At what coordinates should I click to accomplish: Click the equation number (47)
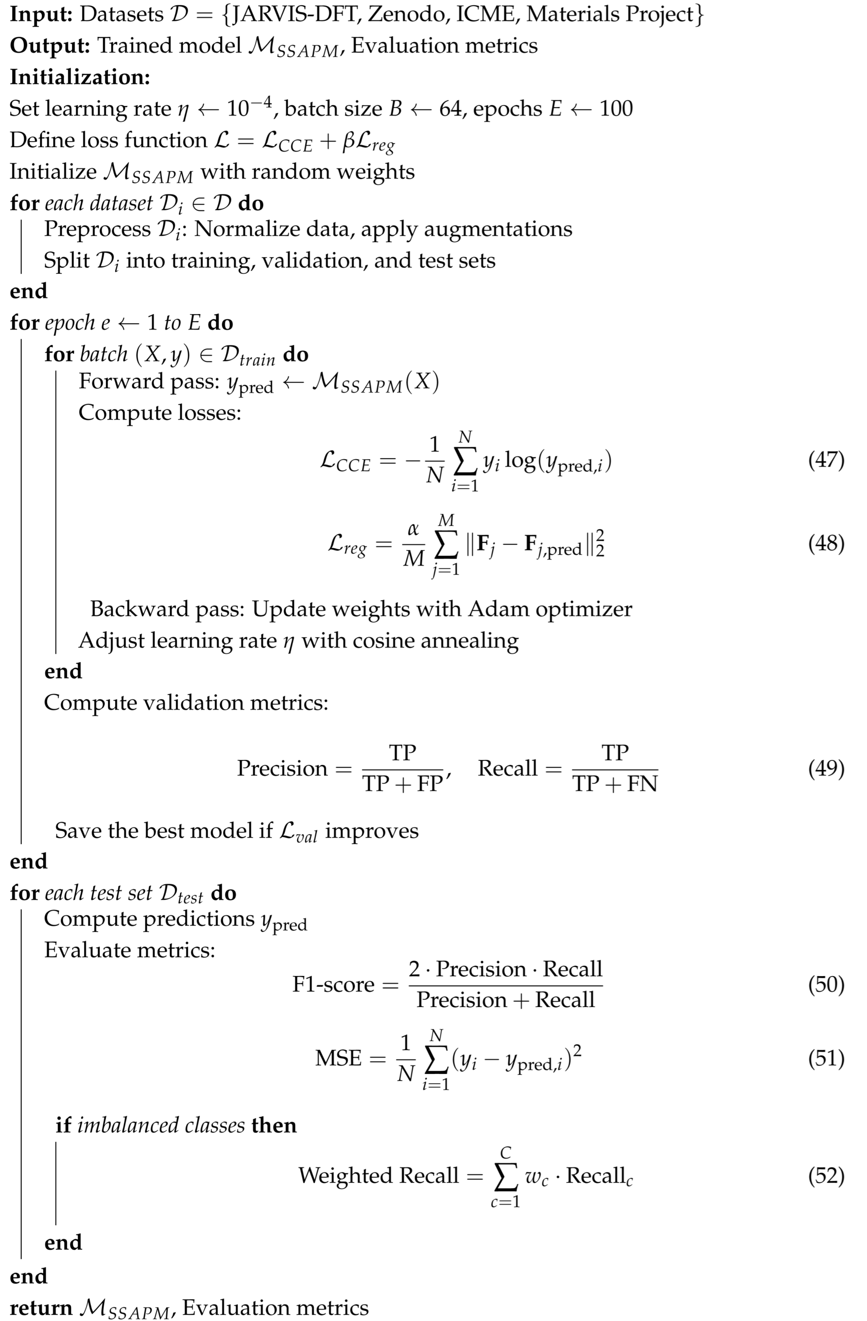pyautogui.click(x=826, y=460)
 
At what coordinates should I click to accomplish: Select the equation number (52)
pyautogui.click(x=826, y=1175)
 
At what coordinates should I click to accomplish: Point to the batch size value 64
pyautogui.click(x=450, y=108)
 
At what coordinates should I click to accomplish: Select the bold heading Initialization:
pyautogui.click(x=80, y=77)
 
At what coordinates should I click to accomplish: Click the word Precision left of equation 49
pyautogui.click(x=282, y=768)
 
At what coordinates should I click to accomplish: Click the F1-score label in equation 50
pyautogui.click(x=333, y=984)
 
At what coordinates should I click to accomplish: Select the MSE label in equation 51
pyautogui.click(x=339, y=1058)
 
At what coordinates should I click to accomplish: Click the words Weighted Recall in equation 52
pyautogui.click(x=378, y=1175)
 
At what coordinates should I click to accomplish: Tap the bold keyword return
pyautogui.click(x=41, y=1308)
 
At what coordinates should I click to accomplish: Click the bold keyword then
pyautogui.click(x=274, y=1125)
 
